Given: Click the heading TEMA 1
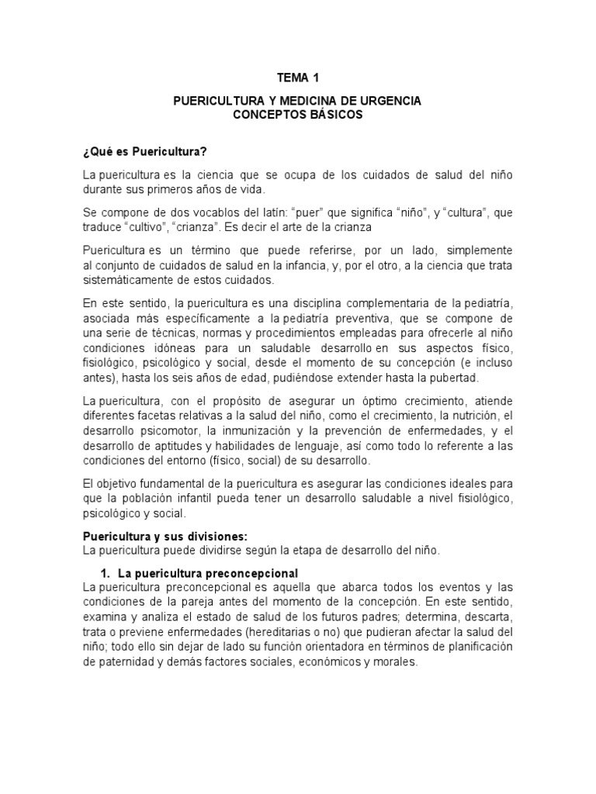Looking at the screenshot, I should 297,78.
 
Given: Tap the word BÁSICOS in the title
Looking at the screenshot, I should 331,115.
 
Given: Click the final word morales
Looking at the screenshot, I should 396,663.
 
